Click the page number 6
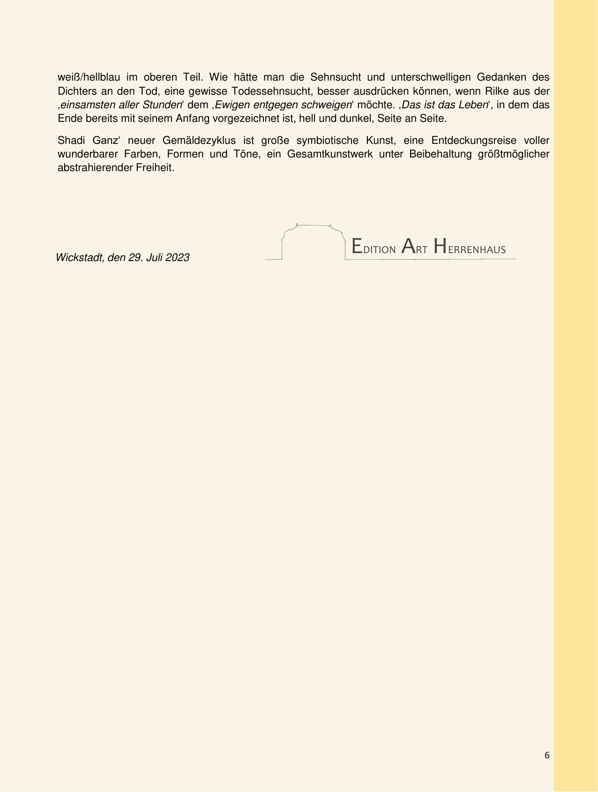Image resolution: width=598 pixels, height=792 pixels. pyautogui.click(x=547, y=755)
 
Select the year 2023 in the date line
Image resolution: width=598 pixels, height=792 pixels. pyautogui.click(x=177, y=258)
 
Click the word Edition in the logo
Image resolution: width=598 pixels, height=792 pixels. pyautogui.click(x=374, y=247)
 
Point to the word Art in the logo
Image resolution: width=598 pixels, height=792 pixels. pyautogui.click(x=415, y=247)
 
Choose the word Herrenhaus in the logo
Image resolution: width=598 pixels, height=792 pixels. pyautogui.click(x=470, y=247)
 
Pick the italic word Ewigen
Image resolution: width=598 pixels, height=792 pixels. pyautogui.click(x=232, y=105)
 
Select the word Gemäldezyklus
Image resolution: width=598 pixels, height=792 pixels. pyautogui.click(x=199, y=141)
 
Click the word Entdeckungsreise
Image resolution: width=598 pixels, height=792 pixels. pyautogui.click(x=474, y=141)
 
